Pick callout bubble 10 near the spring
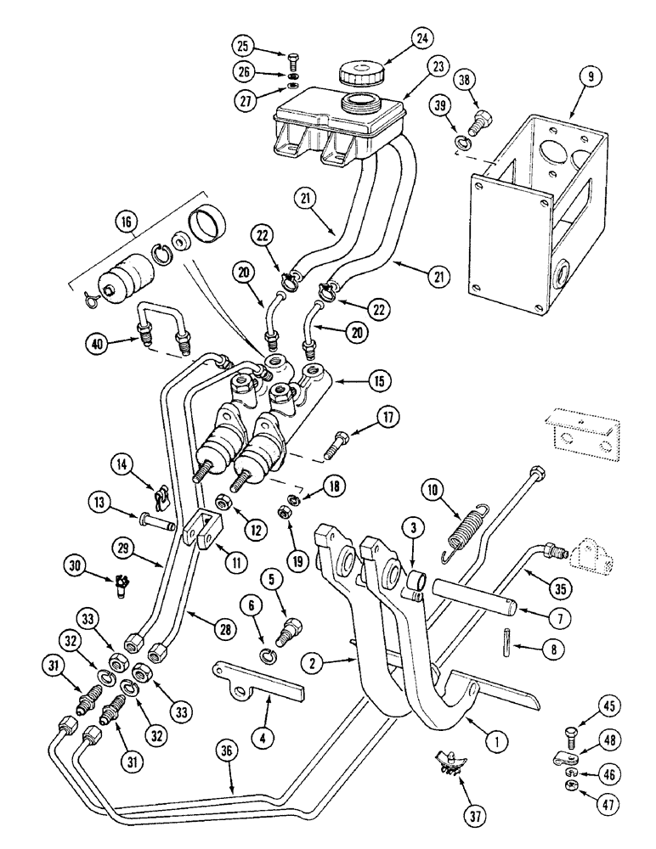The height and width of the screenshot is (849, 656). (434, 490)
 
